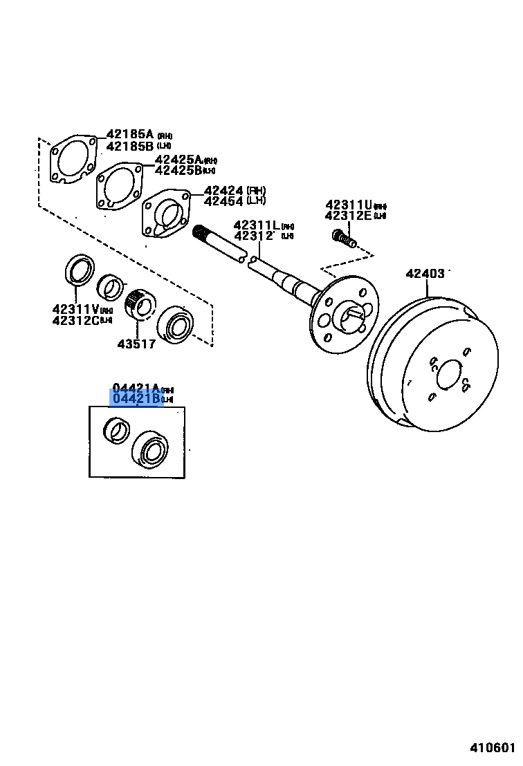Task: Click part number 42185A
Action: [x=130, y=135]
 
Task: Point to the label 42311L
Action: [x=257, y=225]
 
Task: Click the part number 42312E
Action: [x=349, y=216]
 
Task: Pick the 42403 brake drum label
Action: [x=425, y=274]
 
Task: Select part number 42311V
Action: [x=75, y=309]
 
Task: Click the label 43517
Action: [x=136, y=344]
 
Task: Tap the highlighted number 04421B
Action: [x=136, y=399]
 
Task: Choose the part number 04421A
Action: [x=136, y=389]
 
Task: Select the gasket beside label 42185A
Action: [x=73, y=160]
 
